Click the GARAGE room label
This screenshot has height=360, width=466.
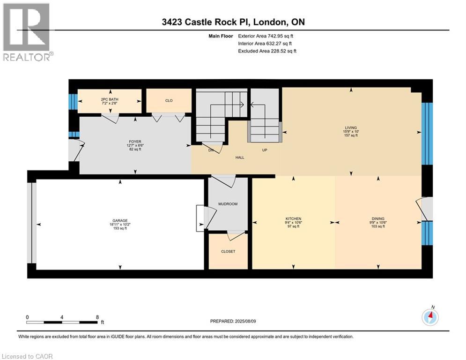(x=120, y=220)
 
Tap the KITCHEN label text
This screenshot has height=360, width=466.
(x=294, y=219)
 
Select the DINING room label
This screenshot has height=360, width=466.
(x=378, y=219)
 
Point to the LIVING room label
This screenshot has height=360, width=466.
(x=351, y=127)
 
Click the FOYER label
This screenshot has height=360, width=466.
(x=136, y=142)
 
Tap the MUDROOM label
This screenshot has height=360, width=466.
(x=228, y=204)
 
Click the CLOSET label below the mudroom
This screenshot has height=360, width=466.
(x=228, y=251)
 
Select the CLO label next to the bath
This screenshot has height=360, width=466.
(x=169, y=100)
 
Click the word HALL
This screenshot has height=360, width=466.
(x=239, y=157)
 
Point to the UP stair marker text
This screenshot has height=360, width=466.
(x=264, y=150)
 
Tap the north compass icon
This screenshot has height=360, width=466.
(x=430, y=318)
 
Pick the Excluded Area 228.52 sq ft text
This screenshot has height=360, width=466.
(x=267, y=51)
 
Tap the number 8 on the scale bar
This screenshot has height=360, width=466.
(x=97, y=317)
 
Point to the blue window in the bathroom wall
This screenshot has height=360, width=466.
(x=72, y=101)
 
